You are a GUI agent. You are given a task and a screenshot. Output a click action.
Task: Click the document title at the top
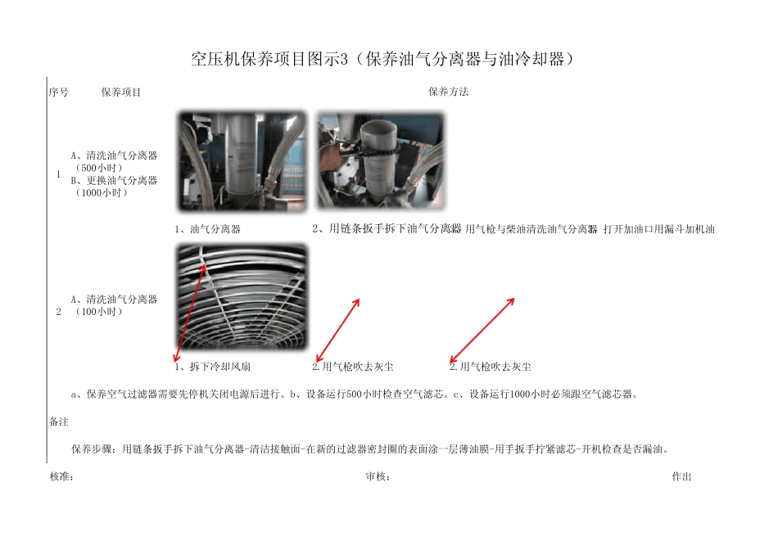click(x=388, y=59)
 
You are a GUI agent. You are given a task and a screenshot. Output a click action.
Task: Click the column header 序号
click(x=58, y=92)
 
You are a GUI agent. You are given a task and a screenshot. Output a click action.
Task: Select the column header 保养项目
click(x=120, y=92)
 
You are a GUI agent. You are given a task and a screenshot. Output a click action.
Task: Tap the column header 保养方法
click(x=448, y=92)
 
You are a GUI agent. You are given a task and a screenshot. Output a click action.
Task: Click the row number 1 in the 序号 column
click(x=58, y=174)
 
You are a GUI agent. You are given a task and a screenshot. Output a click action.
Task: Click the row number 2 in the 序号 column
click(x=58, y=312)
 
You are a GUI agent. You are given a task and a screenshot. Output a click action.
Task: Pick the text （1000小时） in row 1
click(x=101, y=193)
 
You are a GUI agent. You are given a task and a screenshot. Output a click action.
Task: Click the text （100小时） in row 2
click(x=98, y=312)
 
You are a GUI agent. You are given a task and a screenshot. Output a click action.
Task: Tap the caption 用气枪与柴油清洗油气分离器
click(x=531, y=229)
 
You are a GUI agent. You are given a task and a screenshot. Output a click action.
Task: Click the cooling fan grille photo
click(x=242, y=297)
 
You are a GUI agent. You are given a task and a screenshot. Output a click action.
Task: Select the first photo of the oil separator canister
click(x=242, y=162)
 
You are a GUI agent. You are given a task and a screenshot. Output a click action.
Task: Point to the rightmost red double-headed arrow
click(x=482, y=330)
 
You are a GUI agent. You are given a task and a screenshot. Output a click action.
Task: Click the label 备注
click(x=58, y=422)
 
